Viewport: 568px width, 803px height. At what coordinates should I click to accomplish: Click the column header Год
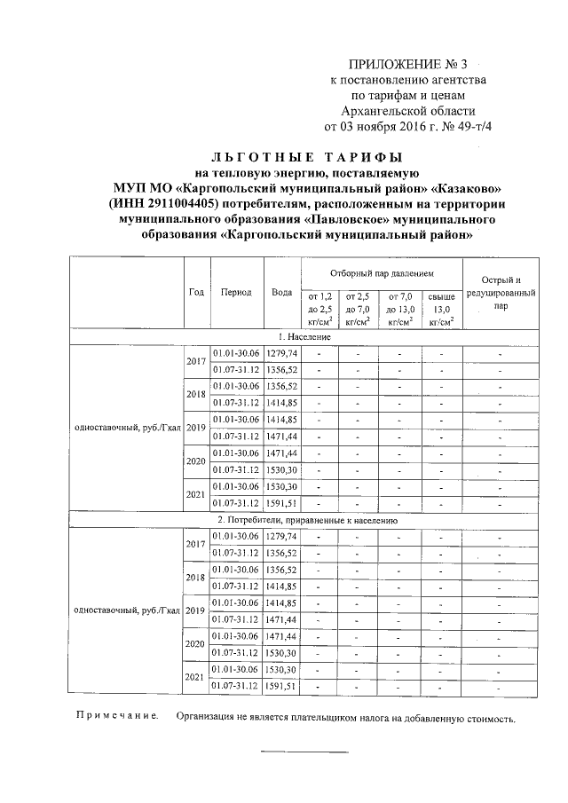(x=196, y=292)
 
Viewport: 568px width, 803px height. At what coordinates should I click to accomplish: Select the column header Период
(x=236, y=292)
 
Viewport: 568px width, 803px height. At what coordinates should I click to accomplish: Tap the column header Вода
(x=282, y=292)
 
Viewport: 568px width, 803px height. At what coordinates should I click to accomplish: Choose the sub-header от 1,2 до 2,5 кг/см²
(x=319, y=308)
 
